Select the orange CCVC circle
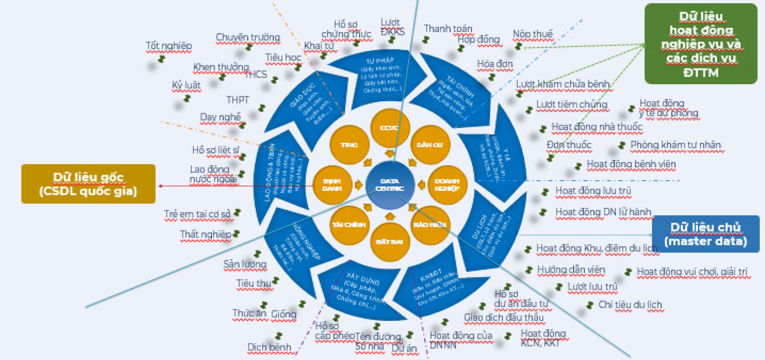click(390, 128)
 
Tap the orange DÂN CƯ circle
click(430, 145)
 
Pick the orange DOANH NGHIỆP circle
click(447, 185)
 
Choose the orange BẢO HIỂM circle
click(430, 224)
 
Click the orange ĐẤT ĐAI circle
click(390, 241)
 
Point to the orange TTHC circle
click(349, 145)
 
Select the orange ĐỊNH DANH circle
click(332, 185)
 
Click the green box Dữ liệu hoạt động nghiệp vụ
click(700, 44)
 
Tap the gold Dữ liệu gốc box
click(88, 184)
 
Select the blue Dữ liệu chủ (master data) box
click(705, 234)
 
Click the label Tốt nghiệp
click(169, 46)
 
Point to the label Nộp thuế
click(533, 34)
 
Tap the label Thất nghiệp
click(206, 234)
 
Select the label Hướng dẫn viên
click(571, 270)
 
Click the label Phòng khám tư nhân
click(675, 145)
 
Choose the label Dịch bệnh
click(269, 347)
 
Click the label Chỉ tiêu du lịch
click(630, 305)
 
